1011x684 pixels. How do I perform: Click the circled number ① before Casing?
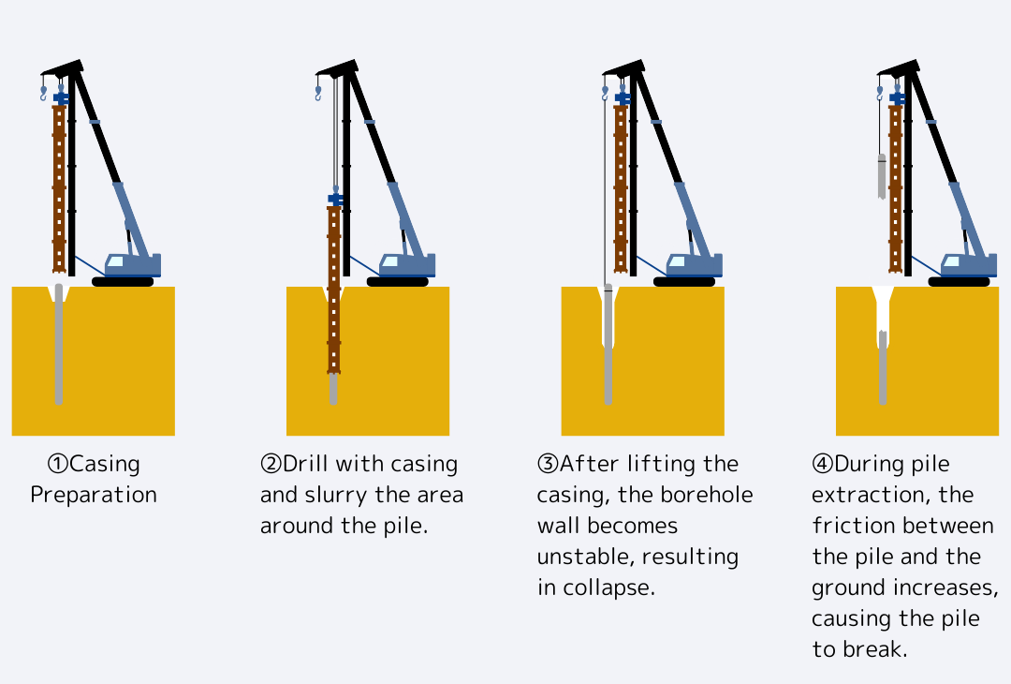tap(58, 464)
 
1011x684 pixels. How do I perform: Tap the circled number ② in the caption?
tap(271, 464)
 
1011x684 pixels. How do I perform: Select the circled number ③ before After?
tap(548, 464)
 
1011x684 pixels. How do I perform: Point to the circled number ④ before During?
tap(822, 464)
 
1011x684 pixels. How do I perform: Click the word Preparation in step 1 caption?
tap(94, 495)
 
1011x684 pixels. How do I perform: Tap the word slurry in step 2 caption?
tap(337, 495)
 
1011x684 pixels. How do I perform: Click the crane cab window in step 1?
tap(115, 261)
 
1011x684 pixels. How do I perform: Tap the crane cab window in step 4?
tap(951, 261)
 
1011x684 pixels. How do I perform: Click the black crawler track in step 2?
tap(397, 281)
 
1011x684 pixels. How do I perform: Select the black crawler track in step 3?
tap(684, 281)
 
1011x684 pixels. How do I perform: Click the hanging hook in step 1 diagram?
tap(43, 93)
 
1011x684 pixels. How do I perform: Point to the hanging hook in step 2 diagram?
tap(318, 93)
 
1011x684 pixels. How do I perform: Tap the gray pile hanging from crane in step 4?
tap(882, 176)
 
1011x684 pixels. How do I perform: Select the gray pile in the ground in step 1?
tap(59, 344)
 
